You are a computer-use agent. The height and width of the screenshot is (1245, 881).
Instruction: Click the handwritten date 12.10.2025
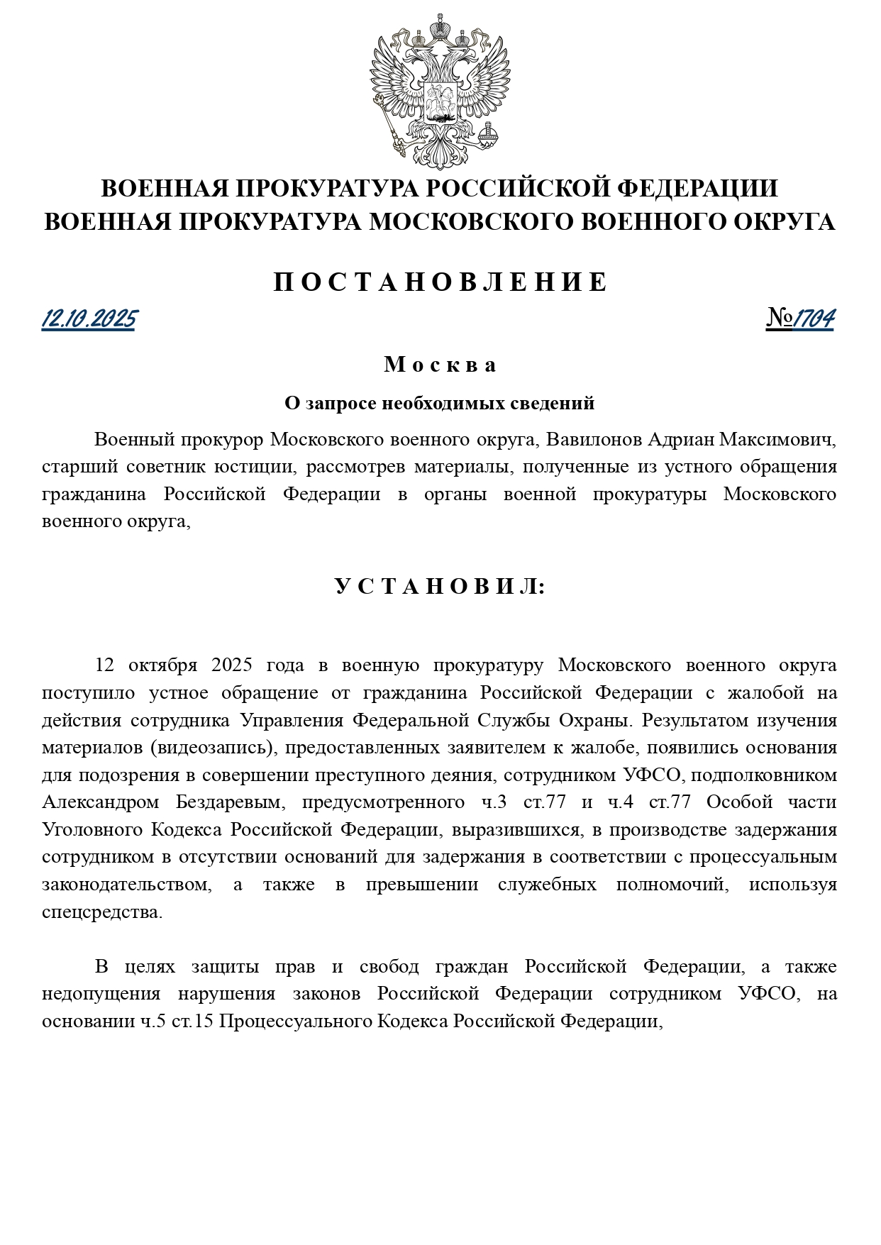89,319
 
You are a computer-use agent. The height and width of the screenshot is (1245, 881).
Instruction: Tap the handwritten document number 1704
813,319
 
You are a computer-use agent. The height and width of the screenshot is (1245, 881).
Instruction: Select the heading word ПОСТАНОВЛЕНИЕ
440,282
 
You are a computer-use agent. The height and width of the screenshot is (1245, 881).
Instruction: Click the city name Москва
440,365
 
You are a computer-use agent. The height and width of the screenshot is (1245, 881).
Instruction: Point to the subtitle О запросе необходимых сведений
440,404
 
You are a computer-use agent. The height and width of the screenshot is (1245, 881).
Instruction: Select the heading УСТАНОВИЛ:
440,587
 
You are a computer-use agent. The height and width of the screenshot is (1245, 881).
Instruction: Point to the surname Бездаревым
230,802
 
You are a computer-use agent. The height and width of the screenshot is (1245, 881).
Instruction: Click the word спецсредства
102,912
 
